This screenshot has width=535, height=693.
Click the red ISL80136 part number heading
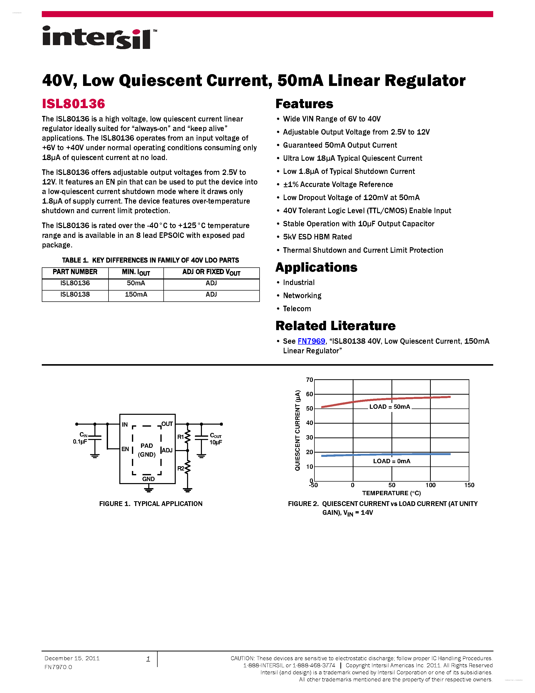(73, 104)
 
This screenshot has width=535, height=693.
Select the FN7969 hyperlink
(311, 341)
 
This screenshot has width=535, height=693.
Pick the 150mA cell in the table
(136, 294)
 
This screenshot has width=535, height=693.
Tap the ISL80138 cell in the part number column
(75, 294)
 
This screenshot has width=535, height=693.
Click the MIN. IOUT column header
(136, 272)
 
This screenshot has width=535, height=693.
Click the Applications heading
(316, 267)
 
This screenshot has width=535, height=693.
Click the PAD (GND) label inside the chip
(147, 450)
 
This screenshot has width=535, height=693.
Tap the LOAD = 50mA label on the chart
(389, 407)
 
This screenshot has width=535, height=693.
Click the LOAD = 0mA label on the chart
(391, 461)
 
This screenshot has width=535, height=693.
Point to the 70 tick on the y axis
(309, 380)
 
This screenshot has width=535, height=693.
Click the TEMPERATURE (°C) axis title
(391, 493)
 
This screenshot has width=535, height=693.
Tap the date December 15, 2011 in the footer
(72, 658)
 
